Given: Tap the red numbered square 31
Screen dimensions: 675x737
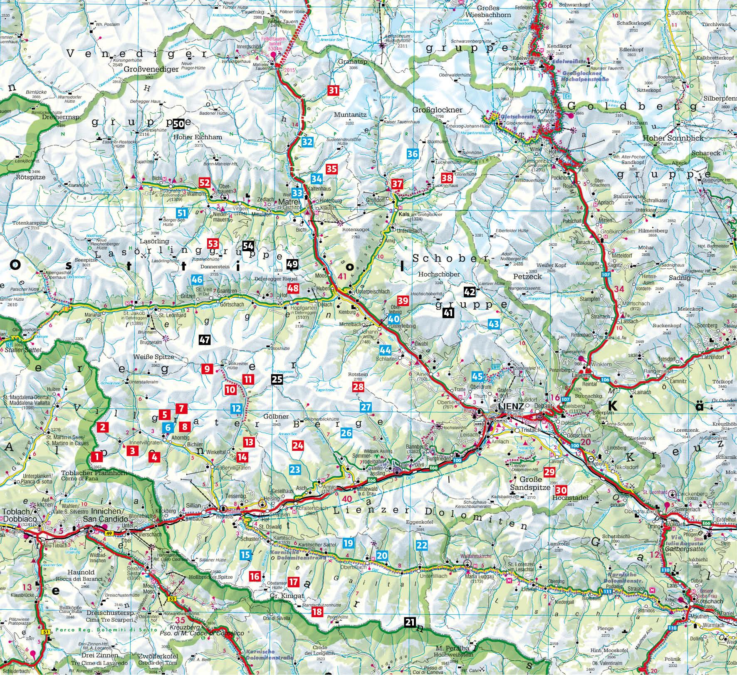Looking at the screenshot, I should (333, 90).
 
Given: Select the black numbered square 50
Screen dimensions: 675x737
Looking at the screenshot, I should (179, 124).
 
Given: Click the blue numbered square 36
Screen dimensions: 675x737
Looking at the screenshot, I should (412, 153).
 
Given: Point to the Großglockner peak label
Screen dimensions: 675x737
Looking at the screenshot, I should (437, 110).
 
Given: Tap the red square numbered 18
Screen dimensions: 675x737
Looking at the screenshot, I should (317, 611).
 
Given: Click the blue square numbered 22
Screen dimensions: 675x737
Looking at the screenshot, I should (422, 545).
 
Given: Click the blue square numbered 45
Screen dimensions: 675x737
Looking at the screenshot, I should (478, 377).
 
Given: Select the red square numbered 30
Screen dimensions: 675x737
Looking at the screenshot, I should (561, 490).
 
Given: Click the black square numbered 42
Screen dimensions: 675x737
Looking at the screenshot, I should (470, 292).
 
